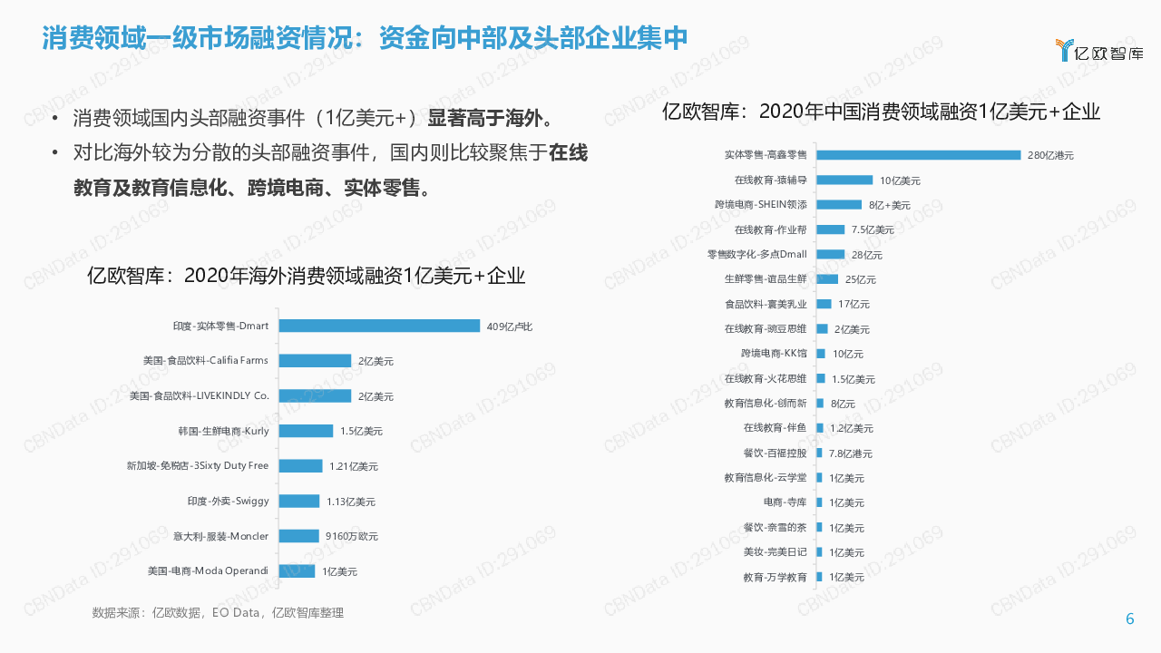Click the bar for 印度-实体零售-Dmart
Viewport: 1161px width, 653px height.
pos(379,326)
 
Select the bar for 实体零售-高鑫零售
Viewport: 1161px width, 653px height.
pos(918,155)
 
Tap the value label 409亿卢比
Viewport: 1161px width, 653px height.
pos(509,326)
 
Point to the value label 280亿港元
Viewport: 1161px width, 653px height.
pos(1050,156)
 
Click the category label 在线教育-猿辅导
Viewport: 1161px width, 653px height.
pos(770,180)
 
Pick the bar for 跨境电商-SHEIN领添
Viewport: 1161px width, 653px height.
pos(839,205)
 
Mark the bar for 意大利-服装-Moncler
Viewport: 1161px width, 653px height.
pos(298,536)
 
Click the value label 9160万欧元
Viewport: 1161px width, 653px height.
pos(352,537)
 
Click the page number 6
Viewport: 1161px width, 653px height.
pos(1129,619)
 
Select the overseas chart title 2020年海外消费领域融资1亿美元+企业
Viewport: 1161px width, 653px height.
pos(306,276)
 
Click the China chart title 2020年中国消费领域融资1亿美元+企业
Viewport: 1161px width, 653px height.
pos(881,112)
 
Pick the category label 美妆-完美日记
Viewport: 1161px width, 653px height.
pos(775,552)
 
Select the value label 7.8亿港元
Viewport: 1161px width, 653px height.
pos(850,453)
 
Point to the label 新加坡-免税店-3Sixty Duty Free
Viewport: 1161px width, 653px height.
pos(198,466)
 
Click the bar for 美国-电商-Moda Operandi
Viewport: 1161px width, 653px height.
pos(297,571)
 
